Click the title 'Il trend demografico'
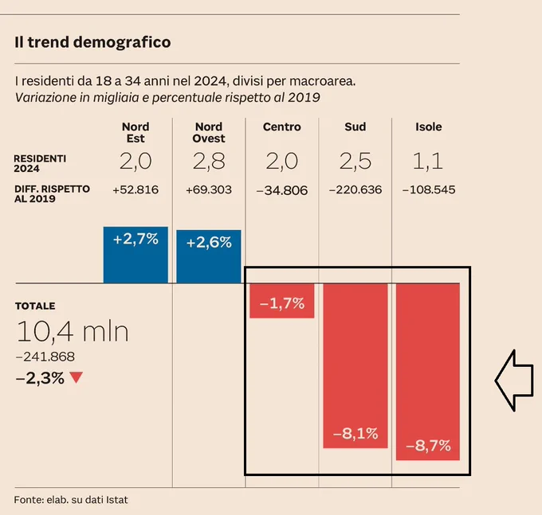[92, 42]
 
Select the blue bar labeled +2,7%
[135, 255]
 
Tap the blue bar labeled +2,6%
[209, 256]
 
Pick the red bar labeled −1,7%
[282, 301]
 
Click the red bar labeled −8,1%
[355, 366]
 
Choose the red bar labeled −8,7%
[428, 372]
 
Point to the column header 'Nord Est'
[135, 133]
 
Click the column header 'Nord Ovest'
[209, 133]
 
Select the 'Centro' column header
[282, 127]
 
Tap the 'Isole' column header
[429, 127]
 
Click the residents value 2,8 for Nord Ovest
[209, 162]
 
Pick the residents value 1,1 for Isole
[428, 162]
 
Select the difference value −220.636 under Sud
[355, 190]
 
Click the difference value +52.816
[135, 190]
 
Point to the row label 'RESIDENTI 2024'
[40, 164]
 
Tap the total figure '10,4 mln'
[73, 331]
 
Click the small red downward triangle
[76, 377]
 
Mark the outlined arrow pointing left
[514, 380]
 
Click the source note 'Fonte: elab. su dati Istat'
[71, 500]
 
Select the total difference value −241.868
[45, 357]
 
